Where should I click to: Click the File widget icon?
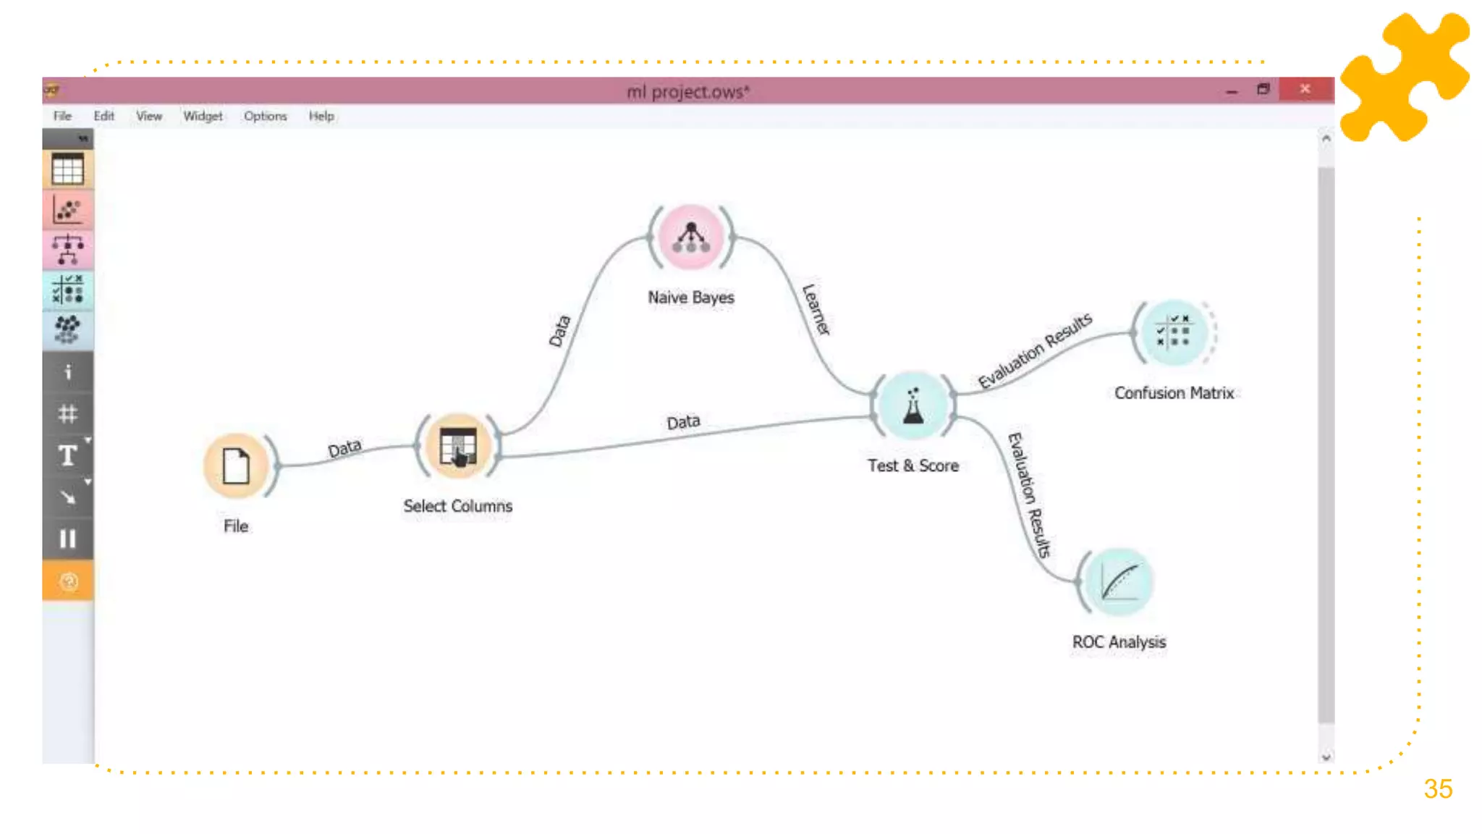tap(236, 466)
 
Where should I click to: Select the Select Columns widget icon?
tap(457, 446)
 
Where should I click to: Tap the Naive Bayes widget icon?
tap(690, 237)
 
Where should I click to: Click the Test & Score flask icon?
tap(913, 406)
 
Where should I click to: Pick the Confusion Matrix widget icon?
tap(1173, 332)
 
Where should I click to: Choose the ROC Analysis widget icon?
tap(1119, 581)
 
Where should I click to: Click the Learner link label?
tap(816, 309)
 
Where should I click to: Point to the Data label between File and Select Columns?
tap(344, 448)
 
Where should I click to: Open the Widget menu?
tap(203, 116)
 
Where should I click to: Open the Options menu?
tap(265, 116)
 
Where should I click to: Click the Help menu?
tap(321, 116)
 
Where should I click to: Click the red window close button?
tap(1305, 89)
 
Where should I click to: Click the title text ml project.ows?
tap(687, 92)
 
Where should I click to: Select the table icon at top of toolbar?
tap(68, 170)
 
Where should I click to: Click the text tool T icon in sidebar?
tap(68, 455)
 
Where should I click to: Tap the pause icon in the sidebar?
tap(68, 539)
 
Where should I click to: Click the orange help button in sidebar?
tap(68, 581)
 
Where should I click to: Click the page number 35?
tap(1438, 788)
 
